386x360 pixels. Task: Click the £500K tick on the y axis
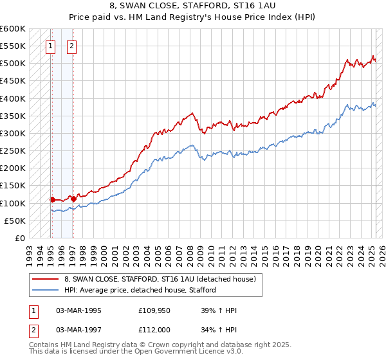click(12, 64)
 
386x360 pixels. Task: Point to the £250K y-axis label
click(12, 151)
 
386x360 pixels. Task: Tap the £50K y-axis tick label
click(15, 221)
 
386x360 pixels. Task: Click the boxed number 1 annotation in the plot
click(50, 46)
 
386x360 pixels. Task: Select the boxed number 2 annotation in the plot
click(71, 46)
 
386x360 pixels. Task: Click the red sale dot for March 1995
click(52, 200)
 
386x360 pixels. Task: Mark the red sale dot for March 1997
click(73, 199)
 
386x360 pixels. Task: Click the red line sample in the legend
click(44, 279)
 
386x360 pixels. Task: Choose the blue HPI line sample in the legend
click(44, 290)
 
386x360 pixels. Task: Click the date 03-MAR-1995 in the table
click(79, 311)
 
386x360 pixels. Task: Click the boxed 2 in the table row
click(33, 331)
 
